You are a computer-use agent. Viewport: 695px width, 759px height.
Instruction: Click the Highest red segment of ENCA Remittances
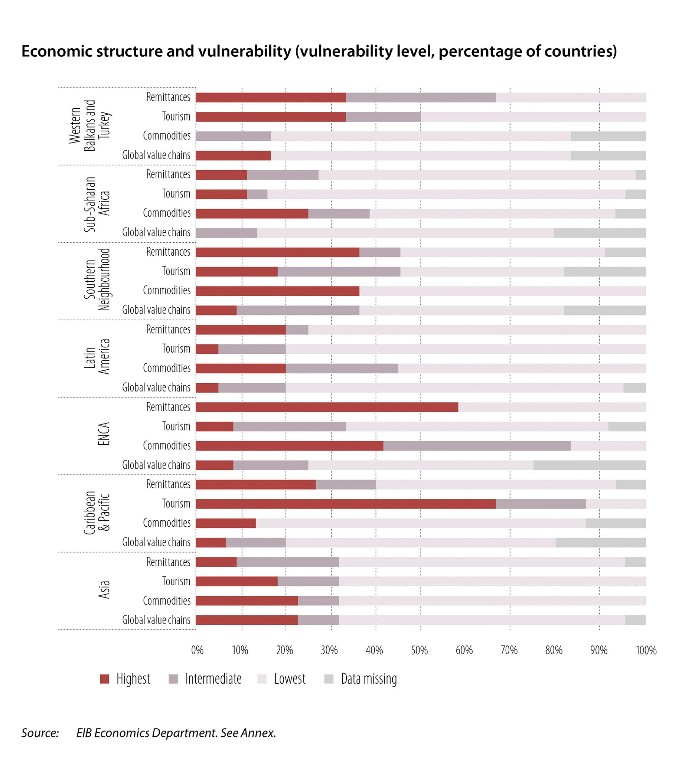pos(327,407)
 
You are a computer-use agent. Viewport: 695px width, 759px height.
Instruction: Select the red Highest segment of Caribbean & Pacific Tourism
pos(345,504)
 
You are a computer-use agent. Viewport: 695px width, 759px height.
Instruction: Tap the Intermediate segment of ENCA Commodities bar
pos(477,446)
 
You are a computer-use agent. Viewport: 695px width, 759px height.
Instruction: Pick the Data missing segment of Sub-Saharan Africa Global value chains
pos(599,233)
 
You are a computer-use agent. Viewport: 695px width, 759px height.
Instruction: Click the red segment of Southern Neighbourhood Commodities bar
pos(277,291)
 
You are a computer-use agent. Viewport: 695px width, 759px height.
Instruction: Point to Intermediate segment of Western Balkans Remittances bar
pos(420,98)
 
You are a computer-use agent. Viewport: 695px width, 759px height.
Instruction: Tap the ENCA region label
pos(104,434)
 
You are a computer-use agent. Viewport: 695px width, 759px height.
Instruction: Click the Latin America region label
pos(97,356)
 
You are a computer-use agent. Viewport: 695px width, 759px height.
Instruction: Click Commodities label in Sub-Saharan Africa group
pos(166,213)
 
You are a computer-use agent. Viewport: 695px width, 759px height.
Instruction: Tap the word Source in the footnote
pos(40,733)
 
